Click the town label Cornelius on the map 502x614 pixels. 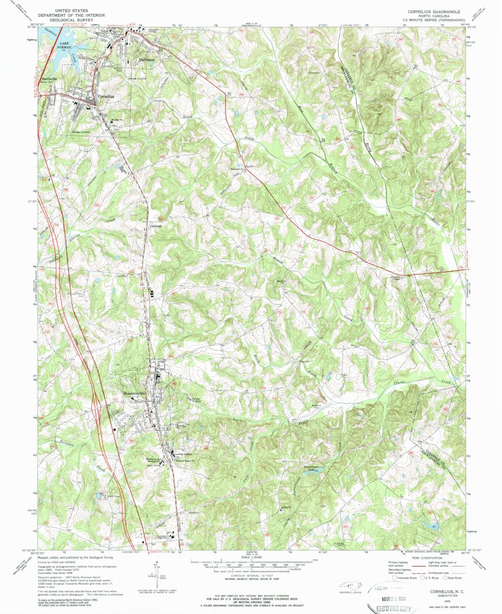(106, 96)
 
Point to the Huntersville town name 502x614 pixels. (133, 393)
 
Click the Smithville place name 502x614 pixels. (50, 79)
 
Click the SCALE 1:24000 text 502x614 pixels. (251, 557)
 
